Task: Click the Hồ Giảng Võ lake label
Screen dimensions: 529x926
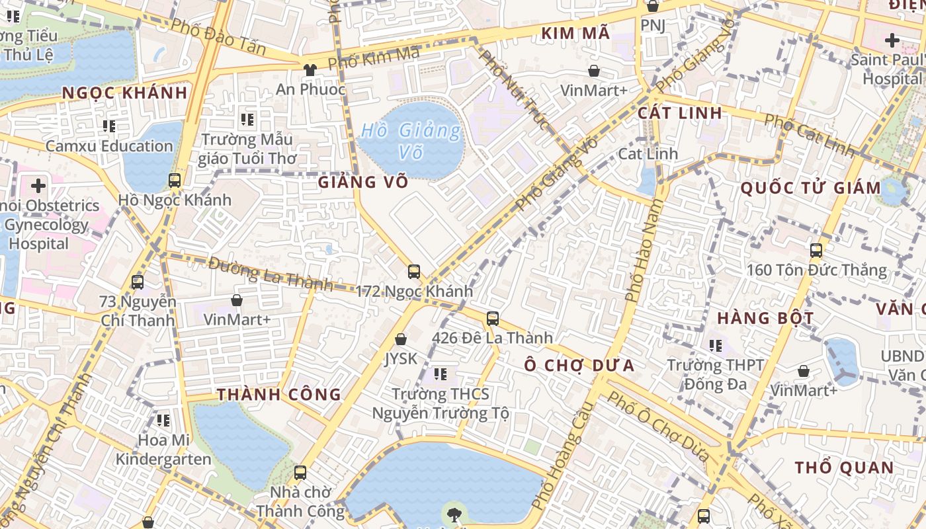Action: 410,141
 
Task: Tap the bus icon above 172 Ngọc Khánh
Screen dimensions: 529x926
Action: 414,271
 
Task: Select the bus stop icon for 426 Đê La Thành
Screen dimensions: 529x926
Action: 493,319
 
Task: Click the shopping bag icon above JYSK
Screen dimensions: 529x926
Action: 400,339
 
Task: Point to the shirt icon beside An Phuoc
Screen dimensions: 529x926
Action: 310,69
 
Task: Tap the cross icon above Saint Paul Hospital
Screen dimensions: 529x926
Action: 892,40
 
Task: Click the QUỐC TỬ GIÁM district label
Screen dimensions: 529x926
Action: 810,188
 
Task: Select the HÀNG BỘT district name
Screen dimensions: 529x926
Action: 765,318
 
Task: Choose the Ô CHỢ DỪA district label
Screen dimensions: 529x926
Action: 579,365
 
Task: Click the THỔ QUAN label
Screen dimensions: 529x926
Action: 844,468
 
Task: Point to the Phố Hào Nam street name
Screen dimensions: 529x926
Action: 642,252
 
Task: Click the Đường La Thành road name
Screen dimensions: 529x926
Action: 270,273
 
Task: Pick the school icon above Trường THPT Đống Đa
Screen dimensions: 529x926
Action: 715,345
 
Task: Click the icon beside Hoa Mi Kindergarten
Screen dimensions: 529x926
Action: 163,420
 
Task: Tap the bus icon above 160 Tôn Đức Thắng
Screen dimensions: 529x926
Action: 816,250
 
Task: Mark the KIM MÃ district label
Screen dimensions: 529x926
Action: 575,33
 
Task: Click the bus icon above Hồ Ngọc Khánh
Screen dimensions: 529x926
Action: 175,180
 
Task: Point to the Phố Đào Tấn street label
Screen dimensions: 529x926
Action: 218,36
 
